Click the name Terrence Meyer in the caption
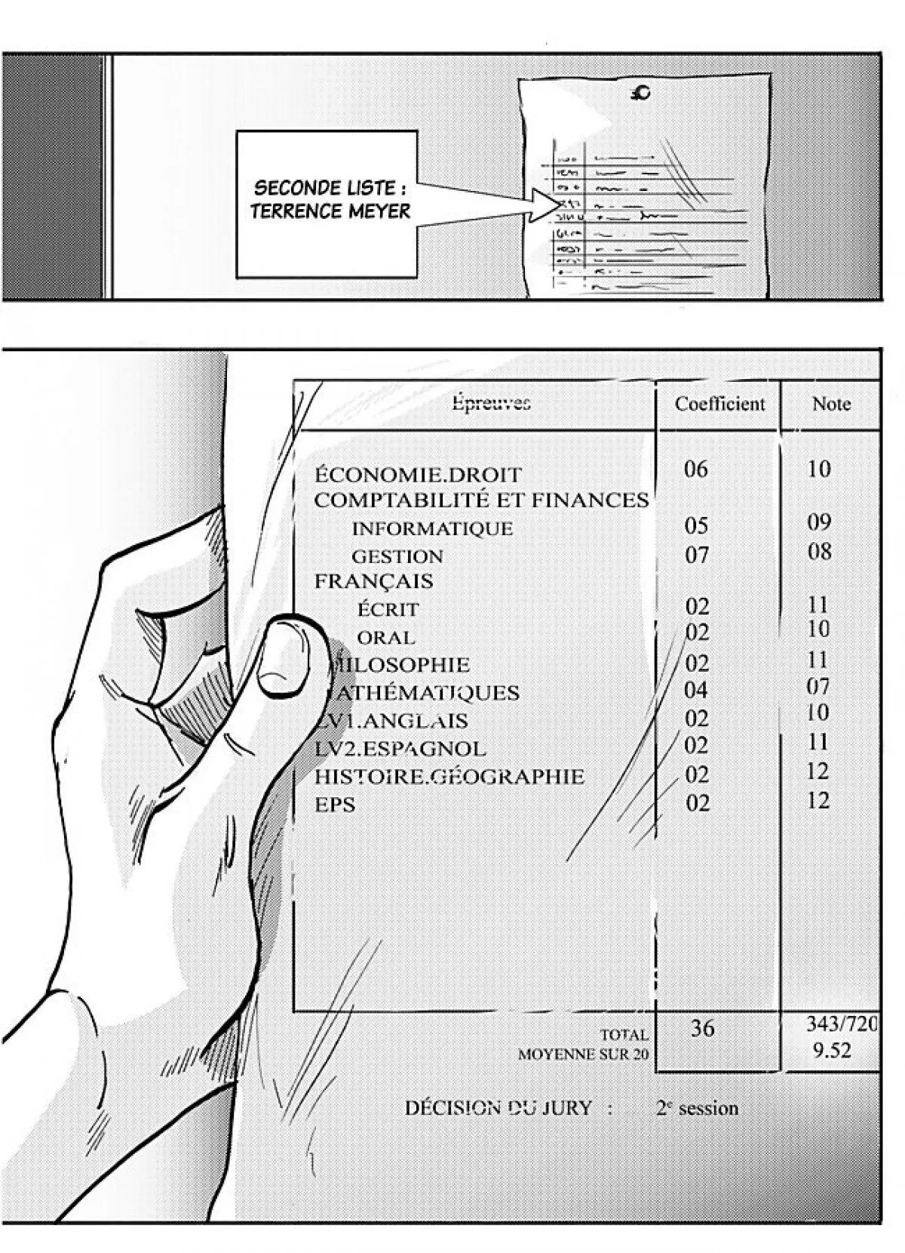(x=330, y=211)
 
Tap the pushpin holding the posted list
(x=642, y=94)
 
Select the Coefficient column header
(x=719, y=404)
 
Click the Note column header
(x=831, y=404)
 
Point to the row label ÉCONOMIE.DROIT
(x=417, y=475)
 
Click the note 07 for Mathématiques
(x=818, y=687)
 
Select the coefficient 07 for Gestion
(x=697, y=556)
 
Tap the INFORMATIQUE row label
(x=432, y=528)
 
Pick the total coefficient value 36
(x=702, y=1028)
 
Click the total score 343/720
(x=842, y=1024)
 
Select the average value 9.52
(x=832, y=1051)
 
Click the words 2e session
(x=697, y=1108)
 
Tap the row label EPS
(x=335, y=805)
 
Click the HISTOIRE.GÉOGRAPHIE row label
(x=449, y=776)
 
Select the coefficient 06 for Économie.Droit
(x=696, y=469)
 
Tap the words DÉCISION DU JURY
(x=498, y=1108)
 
